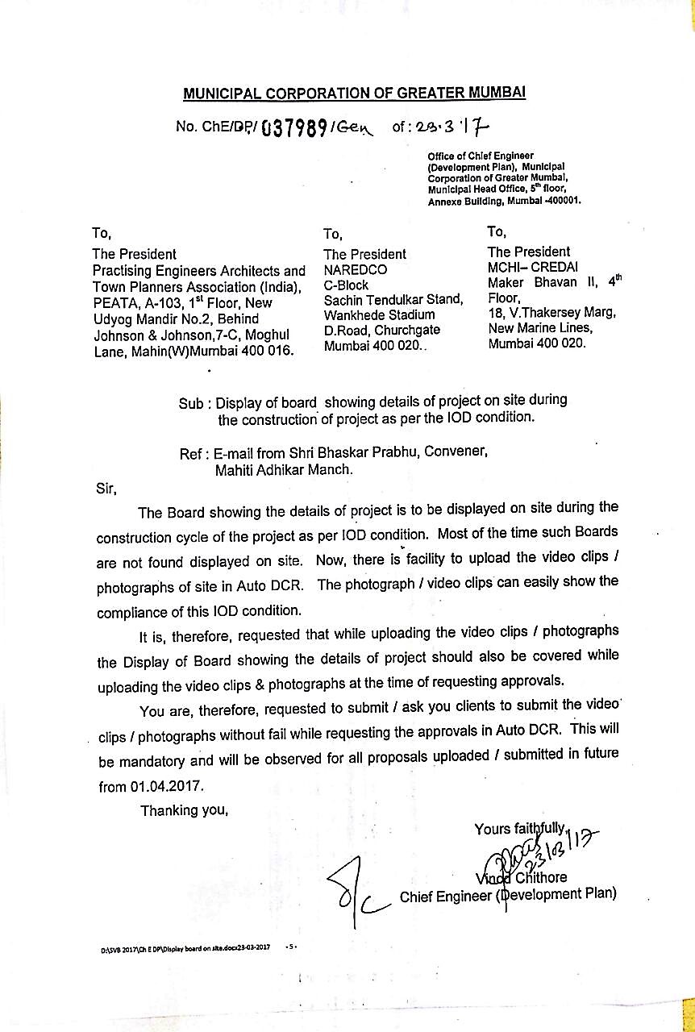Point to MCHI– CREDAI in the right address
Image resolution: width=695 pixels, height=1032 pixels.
pos(533,268)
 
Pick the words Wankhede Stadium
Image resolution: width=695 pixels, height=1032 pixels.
pos(379,315)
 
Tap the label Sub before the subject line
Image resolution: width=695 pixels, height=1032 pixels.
pos(190,403)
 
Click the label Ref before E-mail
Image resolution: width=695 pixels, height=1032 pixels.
pos(190,454)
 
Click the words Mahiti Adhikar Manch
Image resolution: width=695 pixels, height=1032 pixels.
pos(284,469)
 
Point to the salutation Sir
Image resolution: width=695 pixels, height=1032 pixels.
pos(106,489)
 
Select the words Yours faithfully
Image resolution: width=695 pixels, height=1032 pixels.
pos(521,828)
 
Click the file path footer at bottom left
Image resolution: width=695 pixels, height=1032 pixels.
pos(185,949)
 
